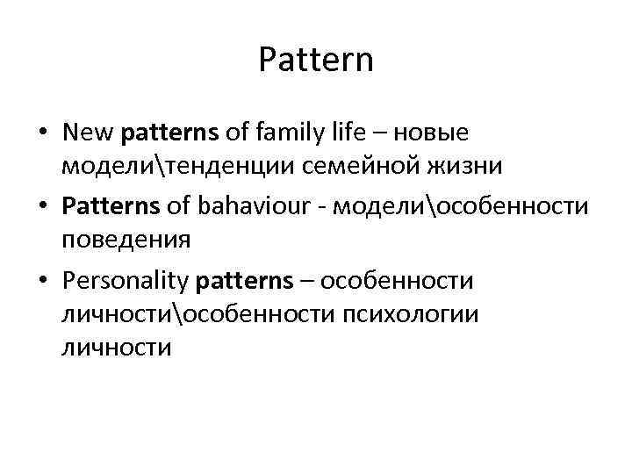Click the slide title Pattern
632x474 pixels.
tap(316, 61)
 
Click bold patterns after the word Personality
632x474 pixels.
tap(244, 282)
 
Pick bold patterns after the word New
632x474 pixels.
tap(172, 133)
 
